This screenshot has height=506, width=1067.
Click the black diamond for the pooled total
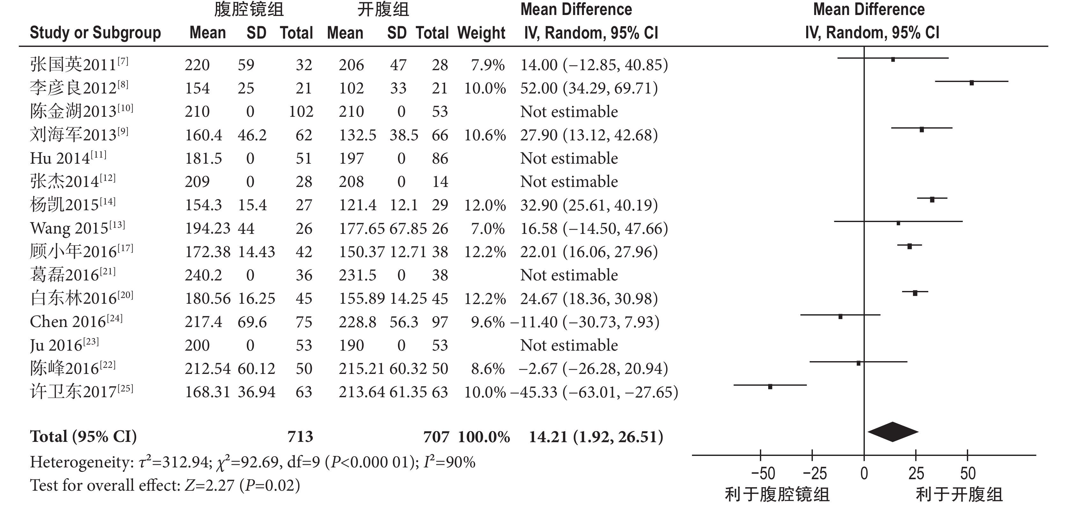(x=893, y=432)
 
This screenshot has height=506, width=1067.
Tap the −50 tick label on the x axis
(x=763, y=473)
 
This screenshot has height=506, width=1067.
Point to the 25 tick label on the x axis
(x=916, y=473)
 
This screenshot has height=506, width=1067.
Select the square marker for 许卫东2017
(x=770, y=387)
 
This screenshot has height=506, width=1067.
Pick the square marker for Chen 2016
(x=840, y=316)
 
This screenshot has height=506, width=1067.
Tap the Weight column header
(x=481, y=33)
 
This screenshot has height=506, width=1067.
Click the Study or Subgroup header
(x=95, y=33)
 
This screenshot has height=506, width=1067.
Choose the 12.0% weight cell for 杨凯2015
(x=485, y=205)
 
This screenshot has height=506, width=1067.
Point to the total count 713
(x=300, y=436)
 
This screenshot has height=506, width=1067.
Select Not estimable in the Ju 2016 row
(x=569, y=345)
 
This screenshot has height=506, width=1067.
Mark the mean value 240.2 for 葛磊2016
(x=203, y=275)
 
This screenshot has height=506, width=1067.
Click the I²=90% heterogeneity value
(x=449, y=462)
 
